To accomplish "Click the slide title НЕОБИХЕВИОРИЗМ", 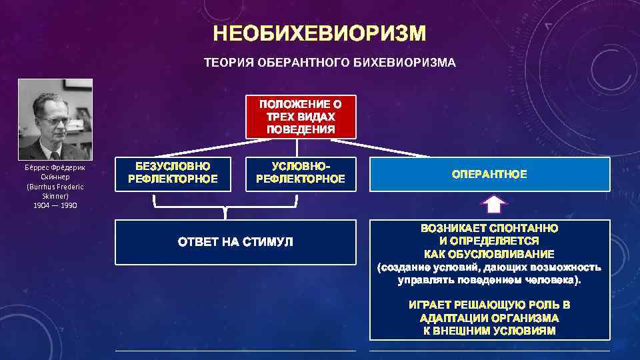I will pyautogui.click(x=319, y=33).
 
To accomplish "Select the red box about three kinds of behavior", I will pyautogui.click(x=301, y=117).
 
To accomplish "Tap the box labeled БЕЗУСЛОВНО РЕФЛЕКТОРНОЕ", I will pyautogui.click(x=173, y=172).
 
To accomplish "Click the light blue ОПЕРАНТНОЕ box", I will pyautogui.click(x=489, y=174).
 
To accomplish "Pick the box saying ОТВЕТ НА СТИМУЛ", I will pyautogui.click(x=235, y=241).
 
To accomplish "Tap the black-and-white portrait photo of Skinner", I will pyautogui.click(x=55, y=118).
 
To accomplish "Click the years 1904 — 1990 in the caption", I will pyautogui.click(x=55, y=205).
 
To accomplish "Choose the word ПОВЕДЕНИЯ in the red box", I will pyautogui.click(x=301, y=129).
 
